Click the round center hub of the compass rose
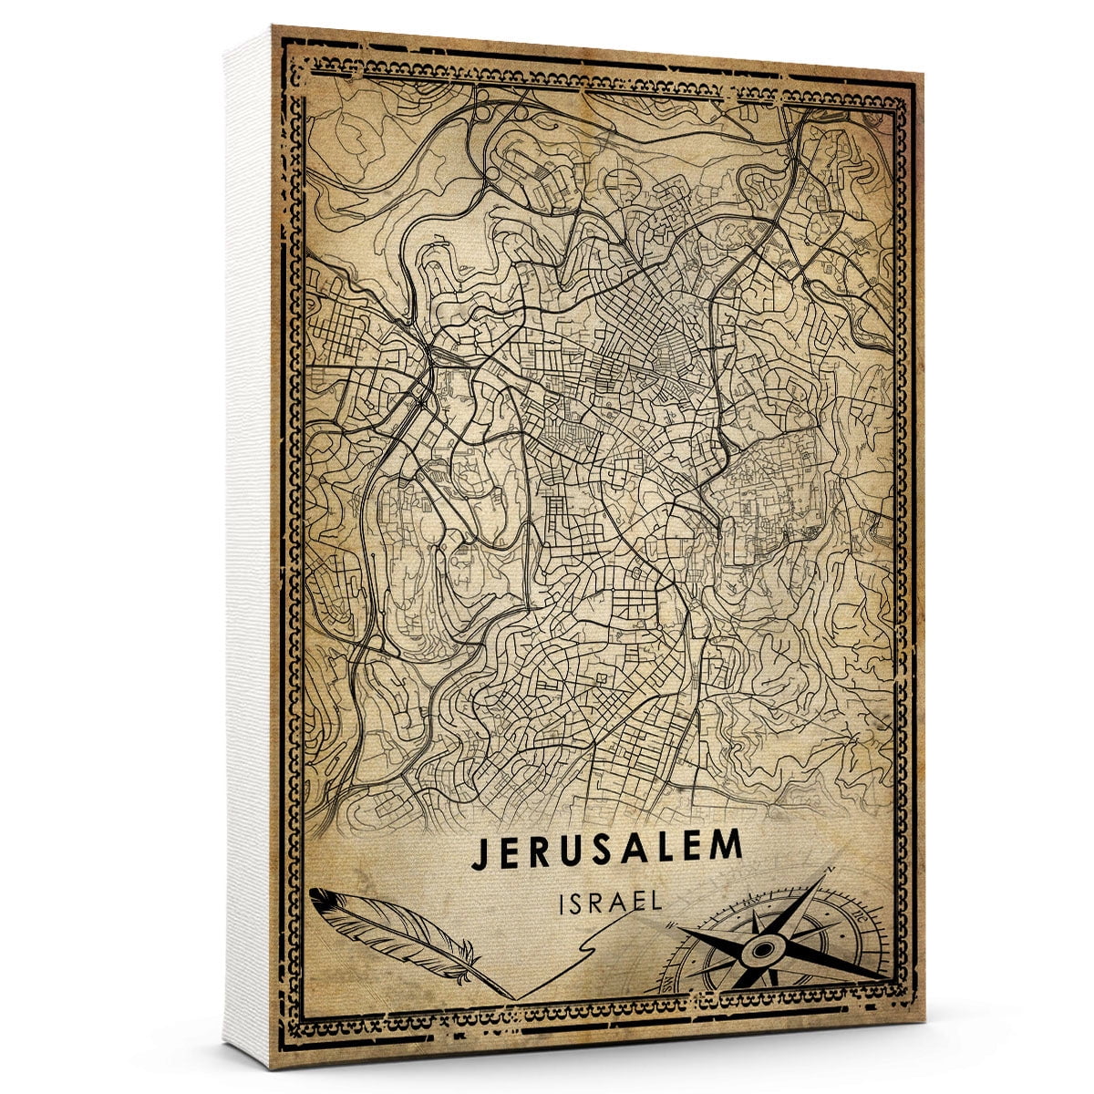[x=759, y=951]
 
